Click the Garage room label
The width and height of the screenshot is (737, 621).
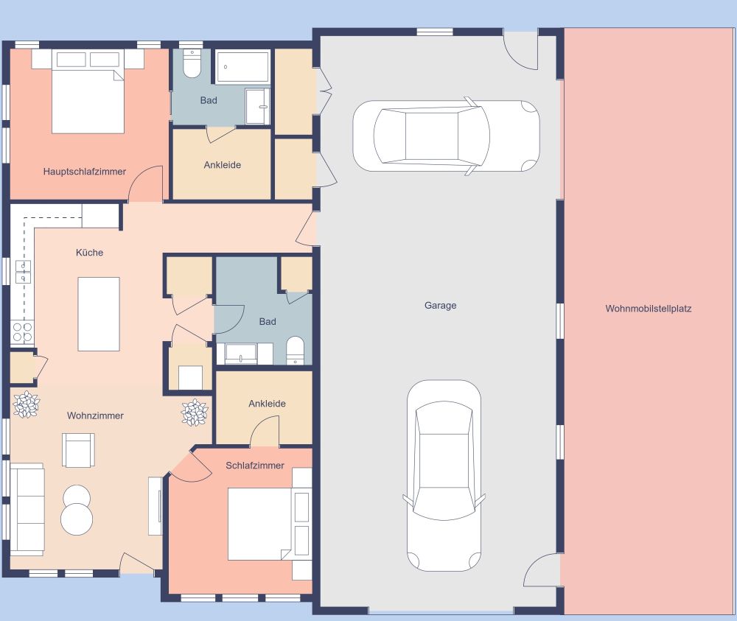pos(440,305)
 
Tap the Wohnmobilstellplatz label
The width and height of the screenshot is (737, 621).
pos(649,309)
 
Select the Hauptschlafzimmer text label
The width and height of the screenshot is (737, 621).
pos(85,172)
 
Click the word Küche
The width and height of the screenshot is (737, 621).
pos(90,253)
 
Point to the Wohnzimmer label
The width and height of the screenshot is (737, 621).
pos(95,415)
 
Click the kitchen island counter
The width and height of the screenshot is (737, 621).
pos(99,314)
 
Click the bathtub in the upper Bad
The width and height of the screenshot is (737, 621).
pos(242,67)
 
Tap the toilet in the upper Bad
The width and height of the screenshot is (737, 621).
pos(192,64)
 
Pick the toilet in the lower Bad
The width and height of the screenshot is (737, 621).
pos(295,351)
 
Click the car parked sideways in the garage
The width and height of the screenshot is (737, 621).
pos(445,136)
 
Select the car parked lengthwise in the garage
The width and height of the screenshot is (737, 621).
pos(444,475)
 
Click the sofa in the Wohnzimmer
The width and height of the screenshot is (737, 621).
pos(27,509)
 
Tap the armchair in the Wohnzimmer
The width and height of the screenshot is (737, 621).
pos(78,449)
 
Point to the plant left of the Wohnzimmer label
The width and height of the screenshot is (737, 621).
pos(27,404)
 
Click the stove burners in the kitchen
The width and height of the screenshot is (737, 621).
pos(22,332)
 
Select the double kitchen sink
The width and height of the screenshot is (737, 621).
pos(23,272)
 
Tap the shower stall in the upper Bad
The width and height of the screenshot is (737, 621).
pos(258,107)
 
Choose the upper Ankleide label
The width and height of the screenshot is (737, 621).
pos(223,165)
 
